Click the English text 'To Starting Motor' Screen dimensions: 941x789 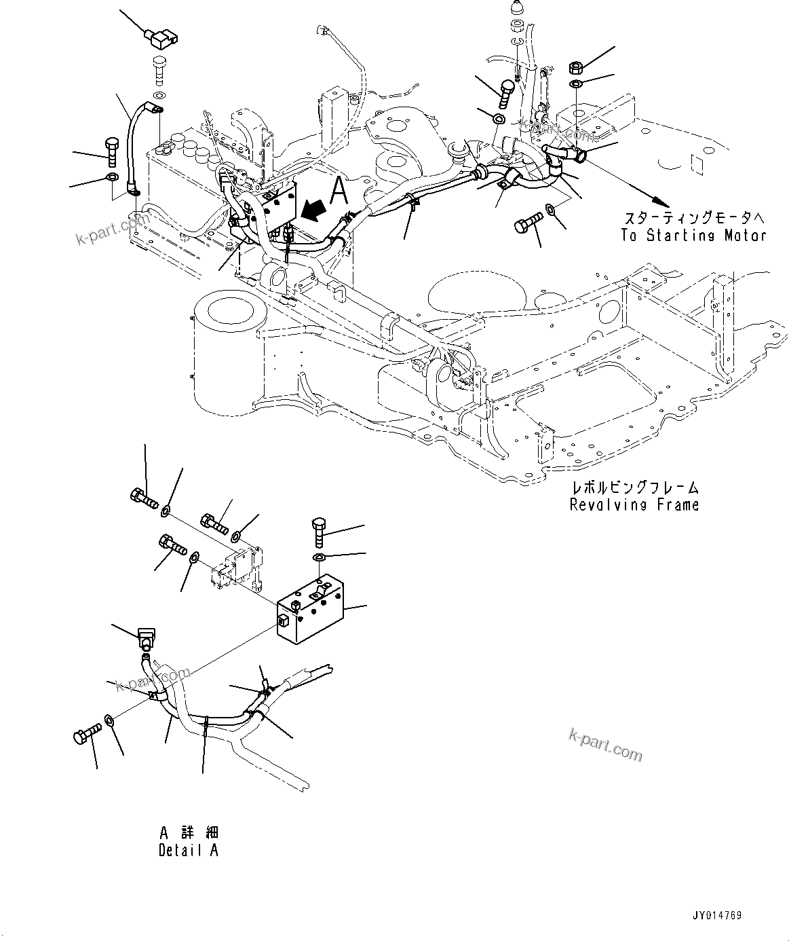tap(693, 236)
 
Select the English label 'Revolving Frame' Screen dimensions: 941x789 tap(634, 505)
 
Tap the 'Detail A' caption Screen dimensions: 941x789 tap(189, 850)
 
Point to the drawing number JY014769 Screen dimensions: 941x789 tap(718, 916)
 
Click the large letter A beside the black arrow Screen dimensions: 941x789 tap(339, 191)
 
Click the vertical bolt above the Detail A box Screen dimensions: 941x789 tap(320, 533)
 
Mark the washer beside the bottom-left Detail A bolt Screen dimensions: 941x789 tap(110, 719)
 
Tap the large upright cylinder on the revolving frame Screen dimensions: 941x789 tap(228, 346)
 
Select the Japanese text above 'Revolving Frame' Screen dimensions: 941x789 tap(634, 488)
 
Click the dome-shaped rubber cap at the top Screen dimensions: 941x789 tap(517, 12)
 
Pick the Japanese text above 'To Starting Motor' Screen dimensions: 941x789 tap(694, 219)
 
